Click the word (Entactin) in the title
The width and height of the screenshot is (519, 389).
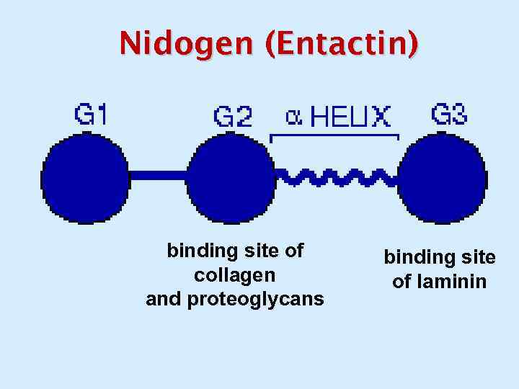(x=341, y=44)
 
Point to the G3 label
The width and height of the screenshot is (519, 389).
(x=448, y=115)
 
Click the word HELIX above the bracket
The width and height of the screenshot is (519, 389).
(x=350, y=117)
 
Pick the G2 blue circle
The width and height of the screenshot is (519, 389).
(x=231, y=177)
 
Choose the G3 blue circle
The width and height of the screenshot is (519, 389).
(x=442, y=177)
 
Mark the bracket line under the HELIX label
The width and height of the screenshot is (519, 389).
(x=334, y=135)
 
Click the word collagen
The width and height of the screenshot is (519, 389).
(x=234, y=275)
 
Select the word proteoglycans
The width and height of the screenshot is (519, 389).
(x=255, y=299)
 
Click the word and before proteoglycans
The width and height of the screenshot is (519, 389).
(x=164, y=299)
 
